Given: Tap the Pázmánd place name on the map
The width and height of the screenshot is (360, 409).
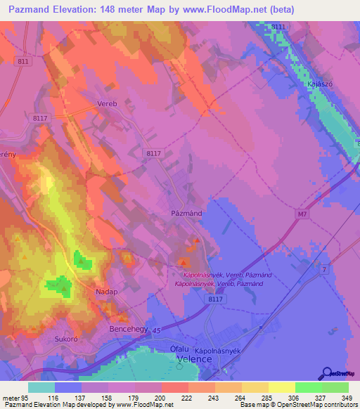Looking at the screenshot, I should pos(187,211).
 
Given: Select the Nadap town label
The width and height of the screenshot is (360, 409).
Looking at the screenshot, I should pos(108,290).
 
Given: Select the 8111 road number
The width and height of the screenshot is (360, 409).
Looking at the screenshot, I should pos(279,26).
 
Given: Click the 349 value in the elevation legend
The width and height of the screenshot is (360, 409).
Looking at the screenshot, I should pos(346,398).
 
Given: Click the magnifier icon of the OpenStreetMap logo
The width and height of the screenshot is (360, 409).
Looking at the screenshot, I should pos(326,373).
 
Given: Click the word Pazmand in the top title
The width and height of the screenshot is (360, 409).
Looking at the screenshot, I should pos(33,9).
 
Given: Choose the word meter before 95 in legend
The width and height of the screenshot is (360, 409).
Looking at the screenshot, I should pos(9,398).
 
